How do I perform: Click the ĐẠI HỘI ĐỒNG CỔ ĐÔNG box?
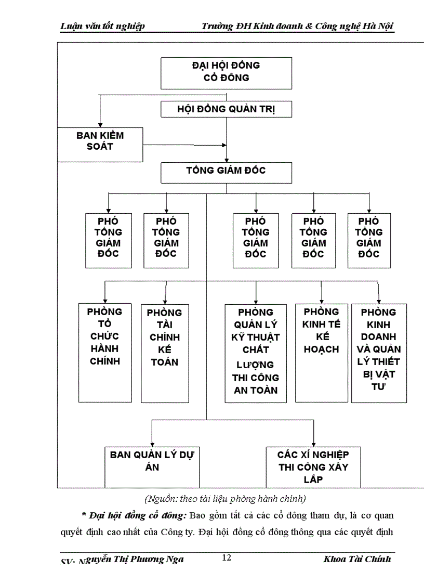click(x=226, y=73)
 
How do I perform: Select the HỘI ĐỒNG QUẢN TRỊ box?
click(x=226, y=109)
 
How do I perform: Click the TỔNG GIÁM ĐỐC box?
click(x=226, y=172)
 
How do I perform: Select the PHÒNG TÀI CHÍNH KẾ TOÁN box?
click(x=165, y=353)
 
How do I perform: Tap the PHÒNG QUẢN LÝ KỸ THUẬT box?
click(x=256, y=353)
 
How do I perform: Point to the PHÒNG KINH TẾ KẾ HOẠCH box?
click(x=321, y=353)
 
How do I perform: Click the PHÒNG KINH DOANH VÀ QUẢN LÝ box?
click(x=379, y=353)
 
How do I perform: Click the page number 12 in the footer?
click(x=227, y=558)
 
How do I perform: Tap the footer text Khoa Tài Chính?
click(x=356, y=559)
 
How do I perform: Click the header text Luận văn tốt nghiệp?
click(x=102, y=26)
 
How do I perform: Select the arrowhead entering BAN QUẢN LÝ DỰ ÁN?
click(x=152, y=443)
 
